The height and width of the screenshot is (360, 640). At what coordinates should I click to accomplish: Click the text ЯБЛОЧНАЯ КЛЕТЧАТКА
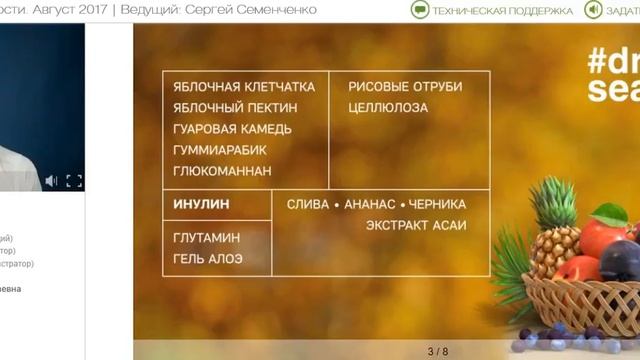coord(244,87)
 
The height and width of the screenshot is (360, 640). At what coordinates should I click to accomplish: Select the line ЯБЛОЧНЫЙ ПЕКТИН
coord(236,108)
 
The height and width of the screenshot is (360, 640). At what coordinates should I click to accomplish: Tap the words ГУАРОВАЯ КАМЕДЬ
coord(233,129)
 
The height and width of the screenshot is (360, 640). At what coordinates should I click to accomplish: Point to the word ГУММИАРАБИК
coord(220,150)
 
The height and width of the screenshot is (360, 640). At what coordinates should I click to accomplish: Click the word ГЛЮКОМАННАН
coord(222,171)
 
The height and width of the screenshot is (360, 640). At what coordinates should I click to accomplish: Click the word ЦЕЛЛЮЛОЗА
coord(388,108)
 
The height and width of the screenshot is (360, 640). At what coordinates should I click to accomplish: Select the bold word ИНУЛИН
coord(201,204)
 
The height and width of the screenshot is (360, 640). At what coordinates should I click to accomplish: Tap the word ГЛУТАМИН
coord(207,238)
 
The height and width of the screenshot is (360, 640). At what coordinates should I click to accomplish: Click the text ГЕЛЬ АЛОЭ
coord(208,259)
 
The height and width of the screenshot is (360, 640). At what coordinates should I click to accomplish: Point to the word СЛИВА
coord(308,204)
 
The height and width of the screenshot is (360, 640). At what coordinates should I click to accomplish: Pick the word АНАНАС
coord(370,204)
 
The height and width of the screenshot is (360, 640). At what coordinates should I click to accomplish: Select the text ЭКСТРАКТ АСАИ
coord(416,225)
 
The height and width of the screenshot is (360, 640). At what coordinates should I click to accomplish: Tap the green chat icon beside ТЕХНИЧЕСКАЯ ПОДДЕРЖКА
coord(420,10)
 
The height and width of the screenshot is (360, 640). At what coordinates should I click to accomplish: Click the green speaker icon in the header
coord(593,10)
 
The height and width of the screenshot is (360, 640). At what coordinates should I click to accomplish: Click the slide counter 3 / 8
coord(438,351)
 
